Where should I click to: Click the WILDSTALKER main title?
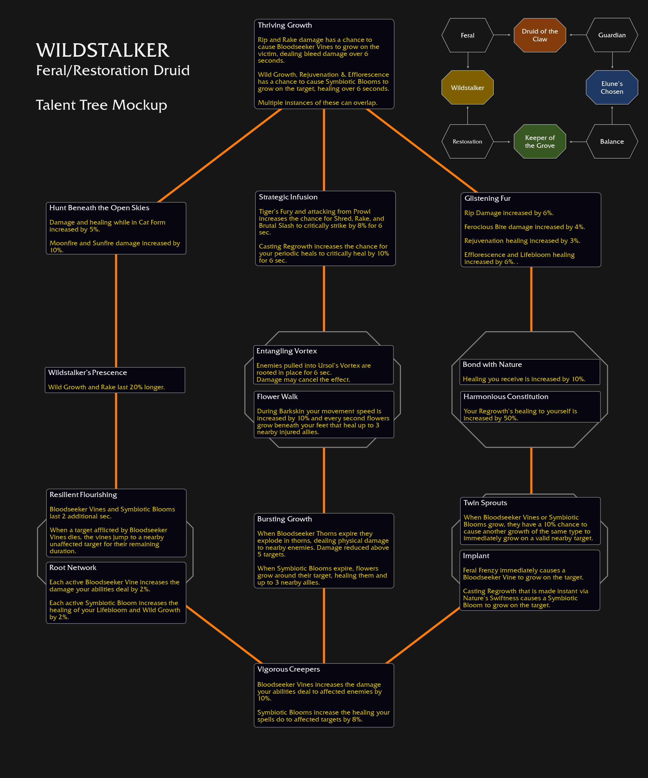coord(103,51)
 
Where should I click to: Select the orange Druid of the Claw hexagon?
coord(540,35)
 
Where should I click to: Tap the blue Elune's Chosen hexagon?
coord(612,88)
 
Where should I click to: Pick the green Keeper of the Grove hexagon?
coord(540,142)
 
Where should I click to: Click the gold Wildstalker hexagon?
coord(468,88)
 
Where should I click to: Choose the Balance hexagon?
coord(612,142)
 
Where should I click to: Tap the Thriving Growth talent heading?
coord(285,25)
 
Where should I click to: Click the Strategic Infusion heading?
coord(288,197)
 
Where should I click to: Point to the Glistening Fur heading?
coord(487,198)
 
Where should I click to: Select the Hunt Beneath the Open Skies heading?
coord(99,208)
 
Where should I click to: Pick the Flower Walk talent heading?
coord(277,397)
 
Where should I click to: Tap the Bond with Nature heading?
coord(492,364)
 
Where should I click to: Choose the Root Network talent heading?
coord(73,568)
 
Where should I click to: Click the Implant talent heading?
coord(476,556)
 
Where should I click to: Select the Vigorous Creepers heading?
coord(288,669)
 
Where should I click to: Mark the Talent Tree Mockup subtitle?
coord(102,105)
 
